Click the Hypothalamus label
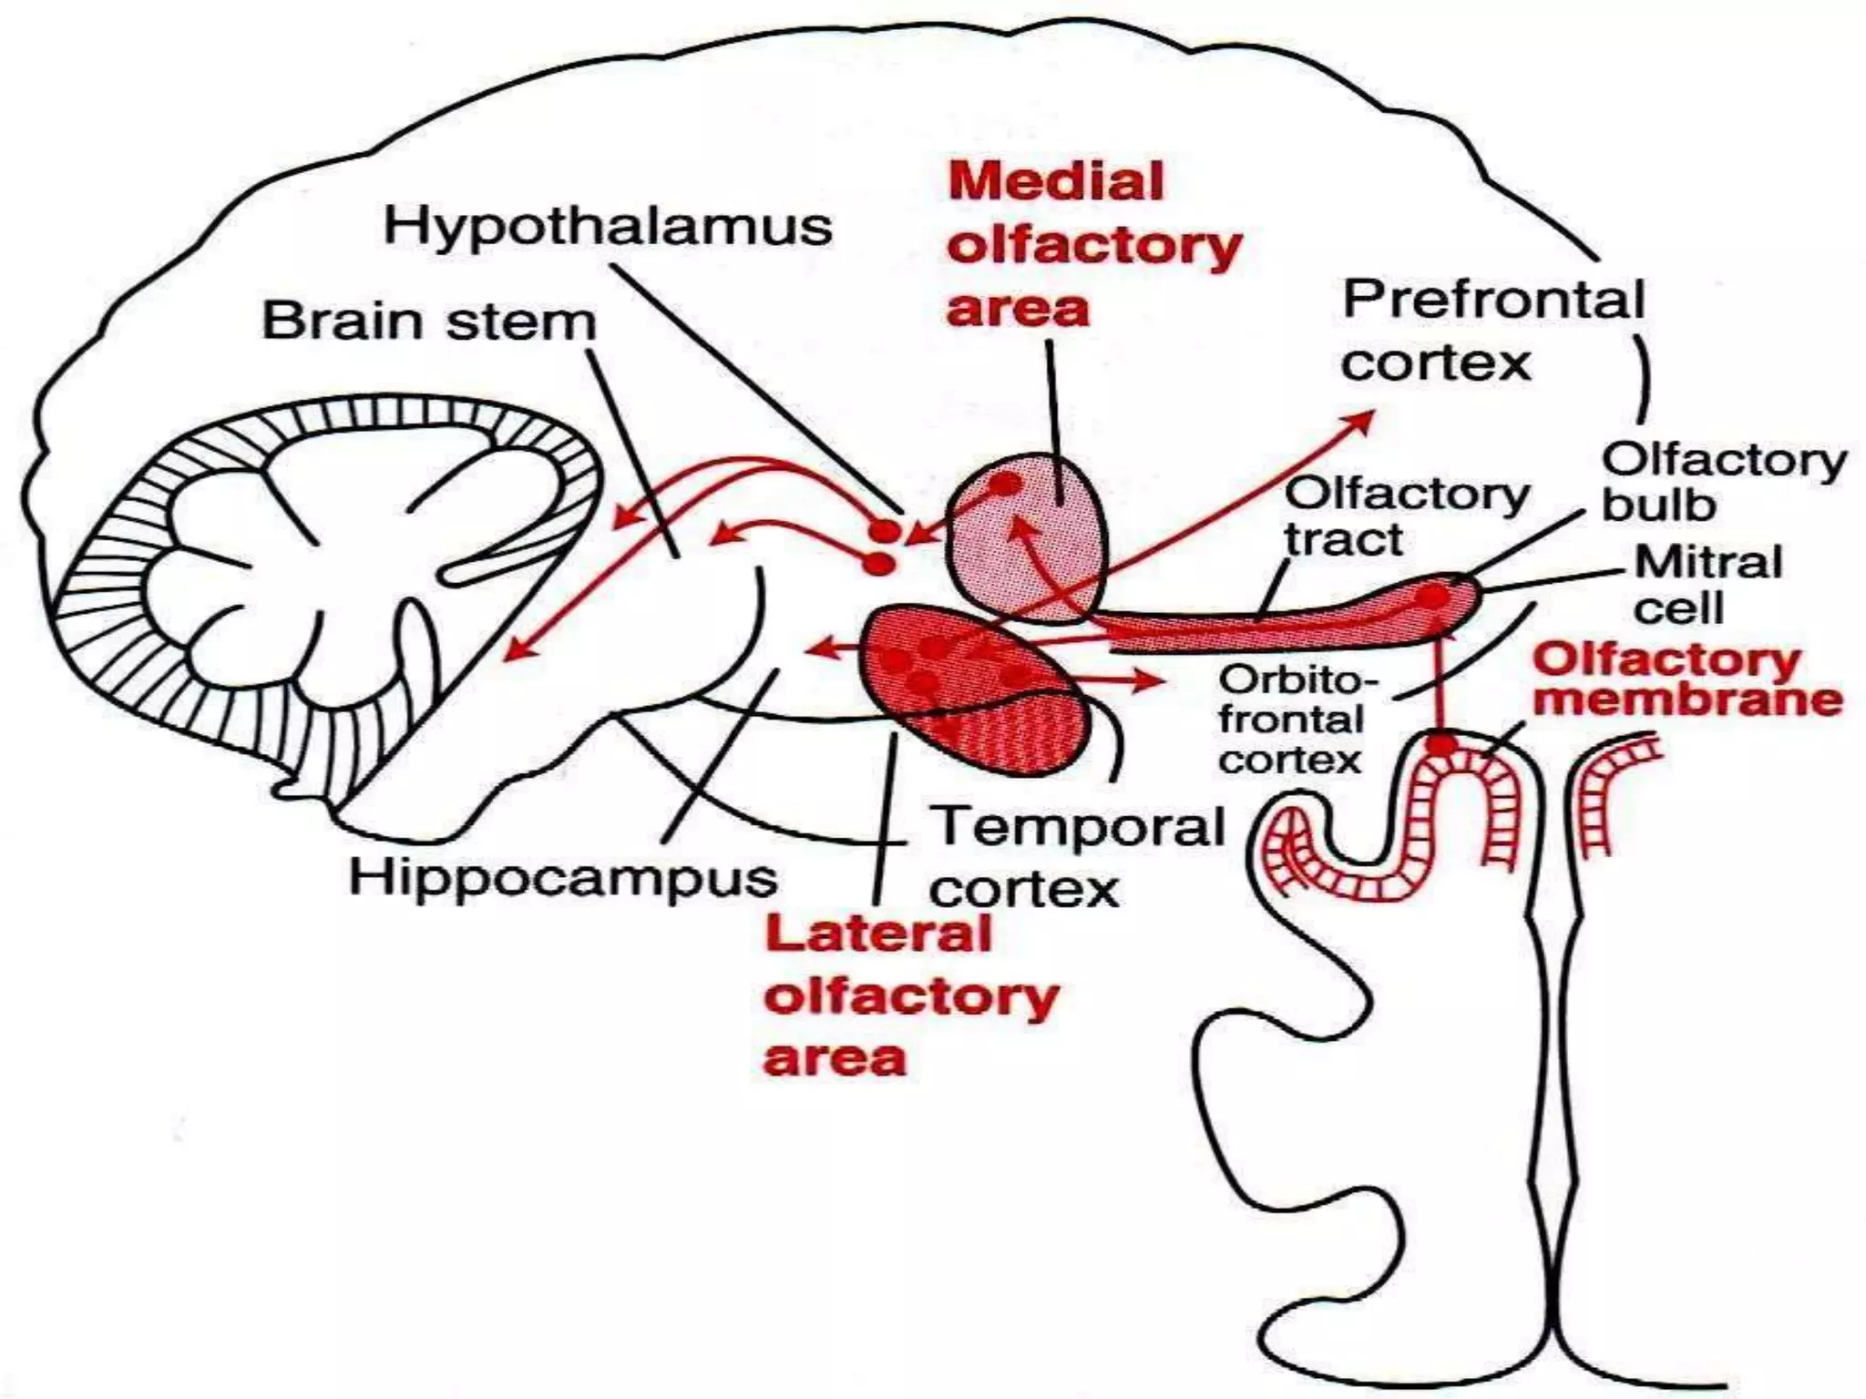click(x=608, y=226)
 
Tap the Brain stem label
click(x=428, y=322)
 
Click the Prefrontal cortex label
click(x=1492, y=331)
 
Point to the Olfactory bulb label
click(x=1722, y=482)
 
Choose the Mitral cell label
click(x=1707, y=584)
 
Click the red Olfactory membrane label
click(x=1687, y=679)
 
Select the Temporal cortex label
click(x=1075, y=856)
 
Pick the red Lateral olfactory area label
click(x=909, y=996)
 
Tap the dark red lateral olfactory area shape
click(x=975, y=692)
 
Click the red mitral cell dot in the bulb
click(x=1433, y=597)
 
